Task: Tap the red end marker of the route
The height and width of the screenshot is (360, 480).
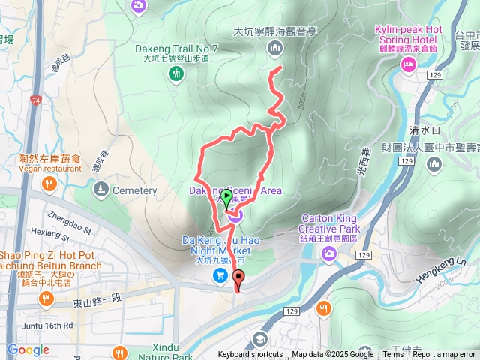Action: [239, 280]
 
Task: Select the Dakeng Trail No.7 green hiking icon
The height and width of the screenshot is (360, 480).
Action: [176, 73]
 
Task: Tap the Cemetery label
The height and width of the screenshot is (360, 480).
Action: [134, 190]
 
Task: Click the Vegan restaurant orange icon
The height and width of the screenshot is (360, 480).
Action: [49, 184]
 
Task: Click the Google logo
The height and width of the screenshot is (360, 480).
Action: [28, 349]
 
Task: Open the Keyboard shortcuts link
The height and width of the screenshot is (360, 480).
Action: [250, 355]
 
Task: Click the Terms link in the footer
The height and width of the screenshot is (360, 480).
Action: [393, 355]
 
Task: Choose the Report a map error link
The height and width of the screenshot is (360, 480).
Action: [443, 355]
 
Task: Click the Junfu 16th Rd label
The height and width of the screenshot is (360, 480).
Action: [47, 325]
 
